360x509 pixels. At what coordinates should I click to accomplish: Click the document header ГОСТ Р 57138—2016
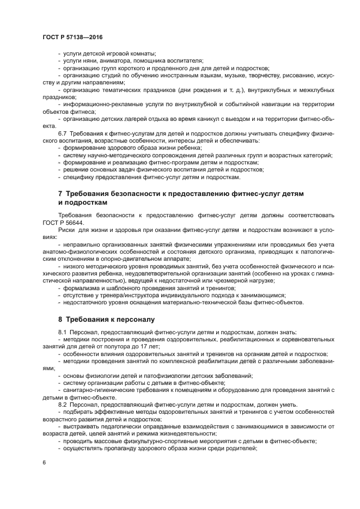[72, 37]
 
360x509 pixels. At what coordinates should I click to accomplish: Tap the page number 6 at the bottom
[44, 462]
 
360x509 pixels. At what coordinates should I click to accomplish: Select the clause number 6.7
[63, 133]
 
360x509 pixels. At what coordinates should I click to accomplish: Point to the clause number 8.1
[63, 332]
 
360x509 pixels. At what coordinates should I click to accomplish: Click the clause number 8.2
[63, 404]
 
